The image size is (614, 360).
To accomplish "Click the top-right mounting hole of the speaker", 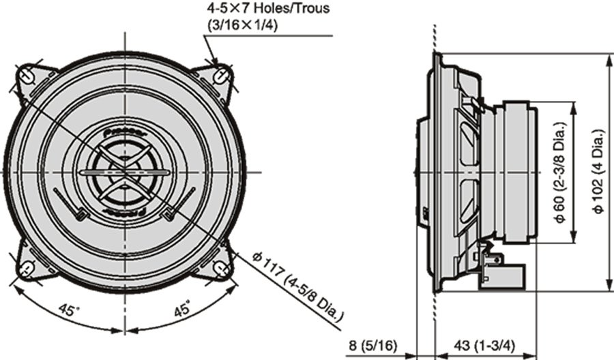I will coord(222,74).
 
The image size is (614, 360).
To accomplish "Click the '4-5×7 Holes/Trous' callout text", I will coord(268,10).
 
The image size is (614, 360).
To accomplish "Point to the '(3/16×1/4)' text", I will coord(243,25).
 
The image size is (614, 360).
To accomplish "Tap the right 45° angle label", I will coord(181,310).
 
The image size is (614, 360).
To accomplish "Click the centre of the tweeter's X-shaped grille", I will coord(126,172).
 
